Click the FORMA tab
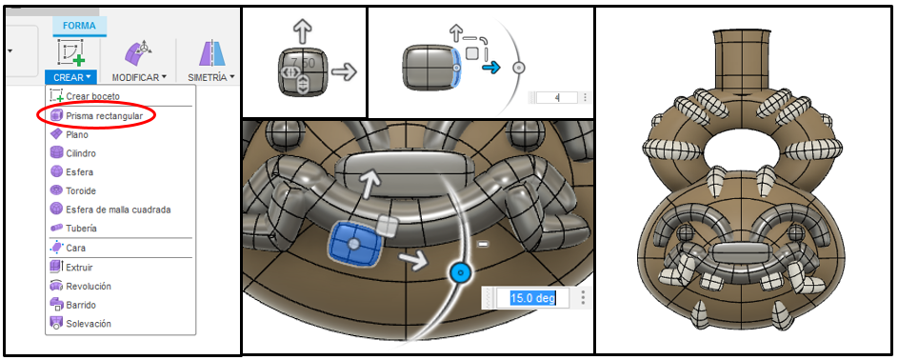(x=79, y=25)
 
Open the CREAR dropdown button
(x=71, y=77)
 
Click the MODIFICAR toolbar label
(x=139, y=77)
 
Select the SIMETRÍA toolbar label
(x=211, y=77)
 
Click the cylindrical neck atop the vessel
(x=739, y=56)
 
